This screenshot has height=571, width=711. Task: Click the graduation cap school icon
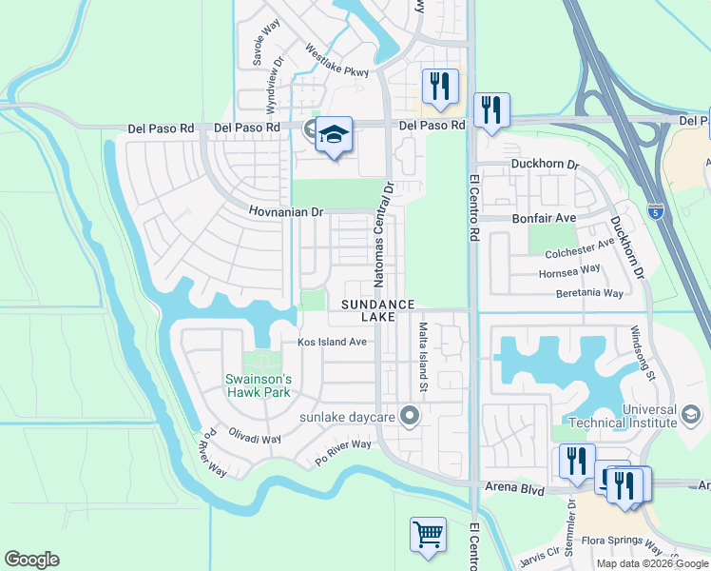[x=334, y=136]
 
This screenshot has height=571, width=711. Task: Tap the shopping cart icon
[x=428, y=534]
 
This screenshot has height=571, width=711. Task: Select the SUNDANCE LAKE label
[x=378, y=309]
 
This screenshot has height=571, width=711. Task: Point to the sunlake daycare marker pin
[x=411, y=416]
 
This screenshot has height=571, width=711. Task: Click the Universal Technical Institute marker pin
[x=691, y=415]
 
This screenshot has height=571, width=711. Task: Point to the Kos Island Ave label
[x=332, y=342]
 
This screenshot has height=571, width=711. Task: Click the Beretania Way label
[x=589, y=293]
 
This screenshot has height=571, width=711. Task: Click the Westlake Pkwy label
[x=336, y=60]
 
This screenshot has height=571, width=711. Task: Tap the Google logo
[x=31, y=560]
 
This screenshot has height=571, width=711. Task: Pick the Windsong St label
[x=644, y=353]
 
